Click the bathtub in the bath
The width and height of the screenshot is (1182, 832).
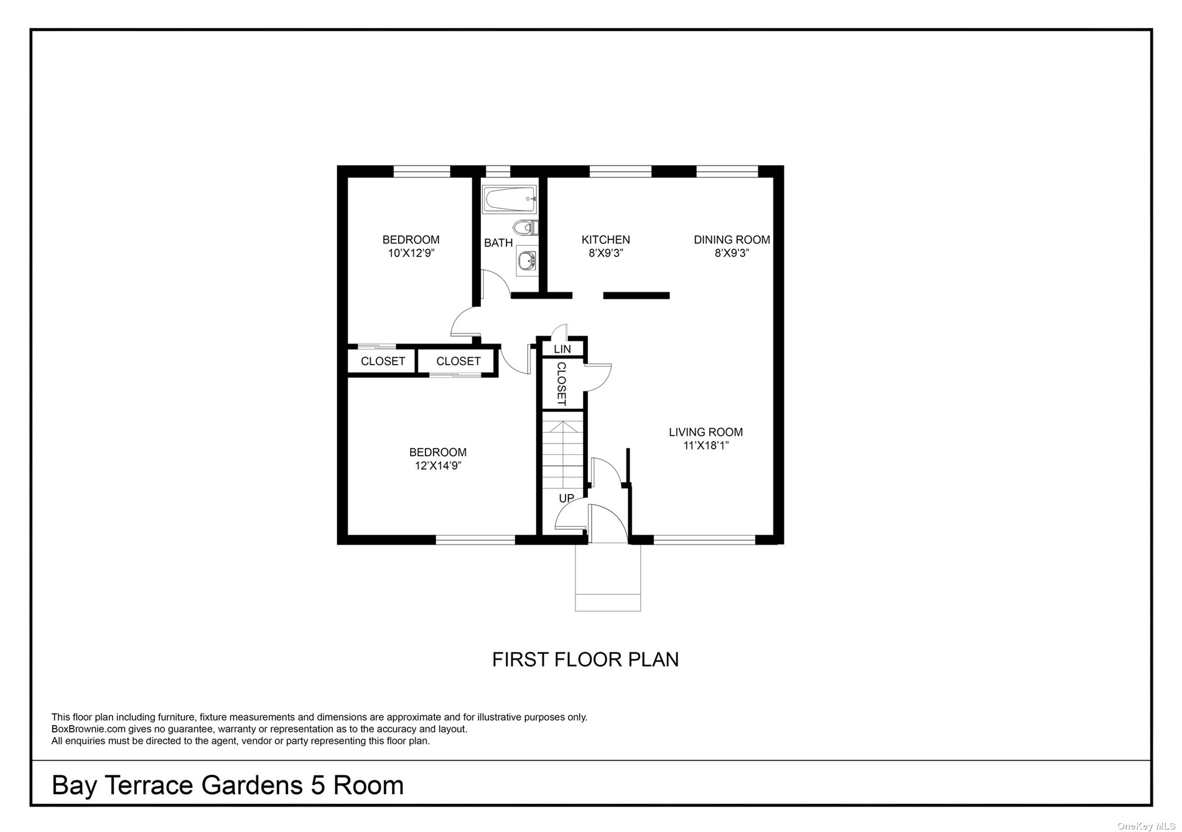coord(510,199)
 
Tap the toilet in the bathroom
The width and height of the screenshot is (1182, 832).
coord(526,227)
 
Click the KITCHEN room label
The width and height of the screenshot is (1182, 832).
coord(605,240)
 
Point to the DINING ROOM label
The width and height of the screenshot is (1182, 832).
coord(732,240)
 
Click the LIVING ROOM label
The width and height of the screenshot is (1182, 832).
coord(705,432)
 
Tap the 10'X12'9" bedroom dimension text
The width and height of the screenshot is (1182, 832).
coord(411,253)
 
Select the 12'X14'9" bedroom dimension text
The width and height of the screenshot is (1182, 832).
coord(438,466)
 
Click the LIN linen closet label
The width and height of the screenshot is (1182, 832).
coord(562,349)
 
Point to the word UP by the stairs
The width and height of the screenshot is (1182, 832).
coord(566,498)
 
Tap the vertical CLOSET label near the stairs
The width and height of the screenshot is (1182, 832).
coord(561,384)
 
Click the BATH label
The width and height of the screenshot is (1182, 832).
coord(498,243)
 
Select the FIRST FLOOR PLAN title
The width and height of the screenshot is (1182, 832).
coord(585,660)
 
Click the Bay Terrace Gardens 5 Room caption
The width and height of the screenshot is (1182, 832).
coord(228,785)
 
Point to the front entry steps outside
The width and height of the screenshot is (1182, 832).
coord(608,577)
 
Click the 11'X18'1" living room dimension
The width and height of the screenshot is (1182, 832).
coord(705,446)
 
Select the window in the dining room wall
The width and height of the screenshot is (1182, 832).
coord(727,171)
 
